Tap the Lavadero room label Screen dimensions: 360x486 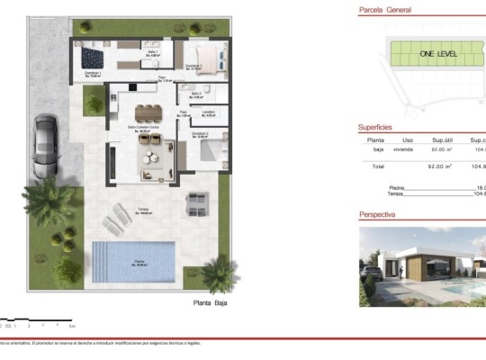point(208,113)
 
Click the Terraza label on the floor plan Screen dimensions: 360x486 point(143,211)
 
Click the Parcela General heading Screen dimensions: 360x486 point(385,10)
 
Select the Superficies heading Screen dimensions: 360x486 point(375,128)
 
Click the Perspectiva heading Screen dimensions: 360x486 point(377,215)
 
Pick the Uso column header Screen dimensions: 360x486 point(407,140)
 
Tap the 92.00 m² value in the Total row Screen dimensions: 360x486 point(440,166)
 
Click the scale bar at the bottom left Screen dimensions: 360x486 point(36,319)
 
